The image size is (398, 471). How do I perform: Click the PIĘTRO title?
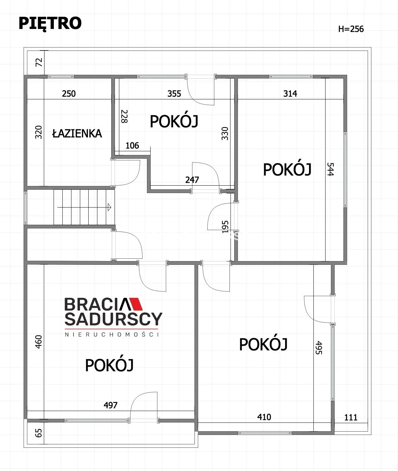point(50,24)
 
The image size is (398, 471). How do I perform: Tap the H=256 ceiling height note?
point(351,29)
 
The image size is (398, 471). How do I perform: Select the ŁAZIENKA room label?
point(77,133)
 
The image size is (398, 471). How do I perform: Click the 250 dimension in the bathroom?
point(69,94)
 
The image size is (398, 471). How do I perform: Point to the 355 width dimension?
point(174,94)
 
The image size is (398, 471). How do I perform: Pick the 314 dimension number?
point(290,94)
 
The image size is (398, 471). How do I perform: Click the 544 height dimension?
point(330,169)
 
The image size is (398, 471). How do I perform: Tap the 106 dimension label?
point(132,146)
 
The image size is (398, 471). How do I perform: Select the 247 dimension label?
point(192,180)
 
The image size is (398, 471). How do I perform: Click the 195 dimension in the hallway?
point(225,227)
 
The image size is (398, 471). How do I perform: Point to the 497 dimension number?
point(111,405)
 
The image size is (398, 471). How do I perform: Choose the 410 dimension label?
point(264,417)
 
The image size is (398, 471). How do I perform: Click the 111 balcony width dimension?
point(351,417)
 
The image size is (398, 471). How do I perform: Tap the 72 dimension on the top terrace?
point(39,62)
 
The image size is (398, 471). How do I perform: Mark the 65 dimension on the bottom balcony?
point(38,433)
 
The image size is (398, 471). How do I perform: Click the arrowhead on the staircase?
point(110,207)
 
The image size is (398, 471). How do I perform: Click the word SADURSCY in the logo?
point(114,319)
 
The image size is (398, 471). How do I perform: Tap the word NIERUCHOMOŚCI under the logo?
point(112,334)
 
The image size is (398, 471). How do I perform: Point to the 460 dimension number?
point(38,342)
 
